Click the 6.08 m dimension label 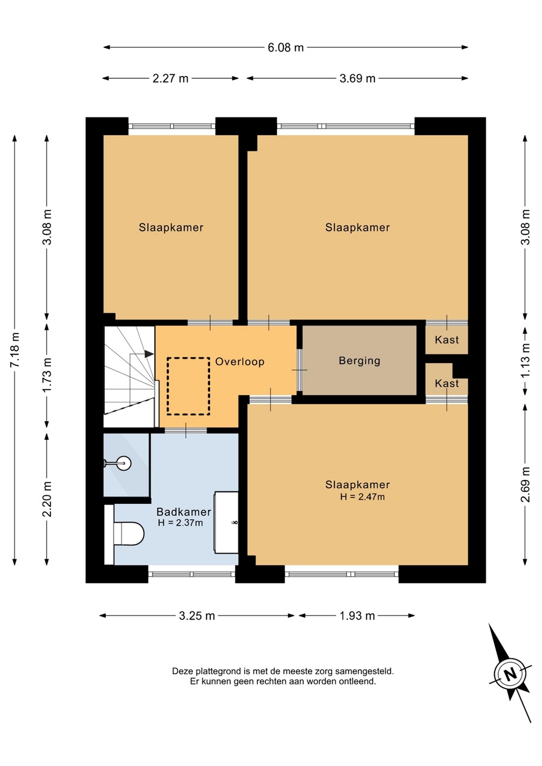pos(285,47)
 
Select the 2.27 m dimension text pos(170,78)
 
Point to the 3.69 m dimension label pos(357,78)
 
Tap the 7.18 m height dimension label pos(15,349)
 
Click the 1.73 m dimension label pos(47,375)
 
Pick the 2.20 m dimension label pos(47,499)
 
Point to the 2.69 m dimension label pos(525,485)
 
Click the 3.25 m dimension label pos(197,616)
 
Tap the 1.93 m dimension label pos(357,616)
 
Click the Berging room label pos(359,361)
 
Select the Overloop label pos(240,362)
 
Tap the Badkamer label pos(184,512)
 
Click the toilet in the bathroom pos(129,534)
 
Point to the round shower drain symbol pos(123,463)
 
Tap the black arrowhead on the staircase pos(149,354)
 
